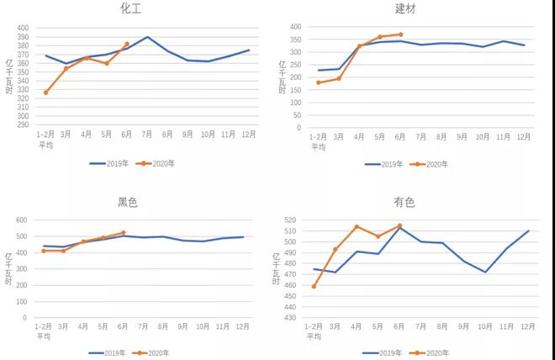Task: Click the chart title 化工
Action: pos(129,9)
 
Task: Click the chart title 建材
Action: pos(406,9)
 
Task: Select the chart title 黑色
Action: pos(128,202)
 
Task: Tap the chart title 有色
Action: pos(404,203)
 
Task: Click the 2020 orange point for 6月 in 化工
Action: pos(127,44)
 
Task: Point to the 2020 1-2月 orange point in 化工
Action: pos(45,93)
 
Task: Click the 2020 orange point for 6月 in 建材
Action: pos(400,34)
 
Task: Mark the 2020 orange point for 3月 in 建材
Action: pos(339,78)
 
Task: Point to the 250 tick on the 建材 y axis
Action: pos(295,65)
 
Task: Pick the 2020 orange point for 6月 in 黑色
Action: pos(123,233)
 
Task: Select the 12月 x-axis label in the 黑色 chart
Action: pos(243,326)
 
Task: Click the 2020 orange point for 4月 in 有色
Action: pos(357,226)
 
